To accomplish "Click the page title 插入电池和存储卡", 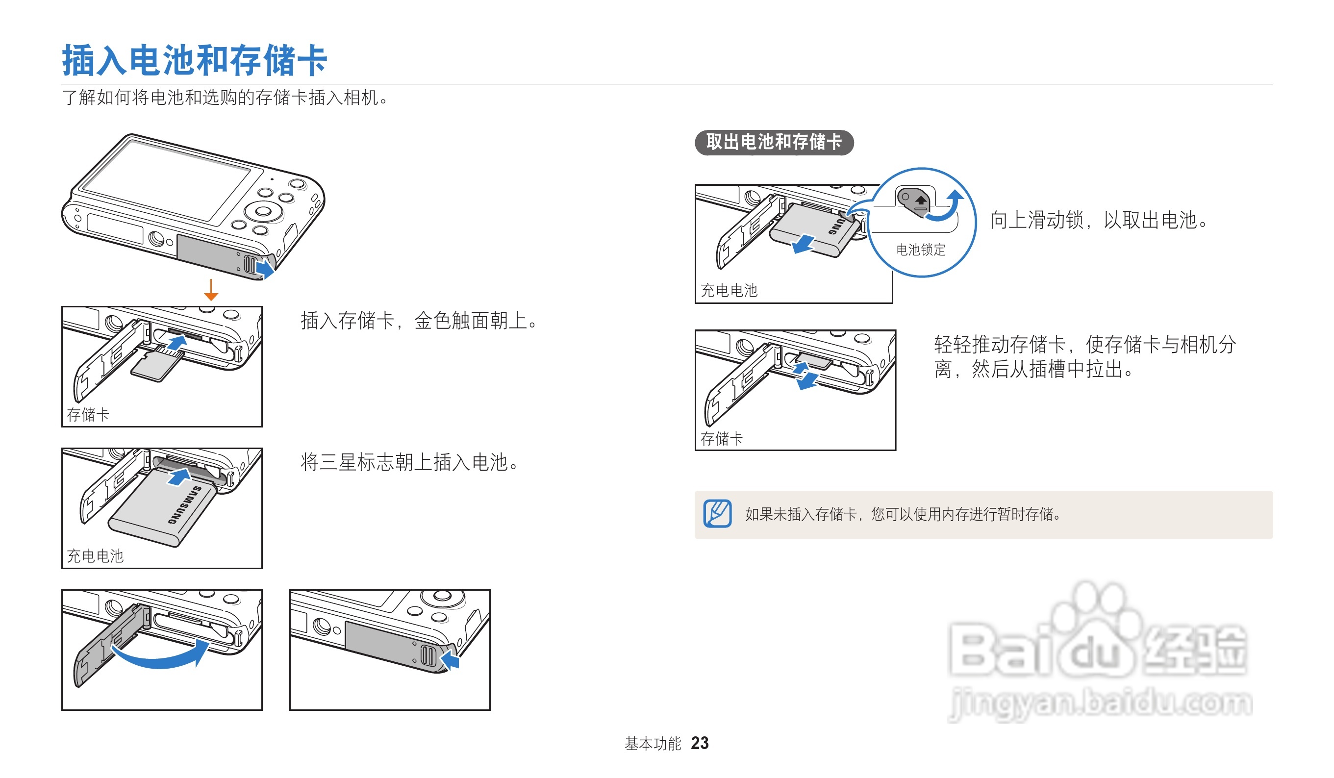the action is coord(195,60).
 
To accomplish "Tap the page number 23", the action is coord(699,743).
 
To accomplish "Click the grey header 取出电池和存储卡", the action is coord(774,142).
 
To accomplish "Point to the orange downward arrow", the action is coord(211,290).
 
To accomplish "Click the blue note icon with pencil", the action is coord(717,513).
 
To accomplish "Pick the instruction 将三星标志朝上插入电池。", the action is coord(410,462).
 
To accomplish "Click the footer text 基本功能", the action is coord(653,744).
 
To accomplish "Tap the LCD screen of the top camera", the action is coord(167,180).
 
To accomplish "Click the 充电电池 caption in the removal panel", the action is coord(729,290).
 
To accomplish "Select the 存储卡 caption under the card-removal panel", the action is coord(722,438).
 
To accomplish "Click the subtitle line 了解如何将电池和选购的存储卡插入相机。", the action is coord(226,98).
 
